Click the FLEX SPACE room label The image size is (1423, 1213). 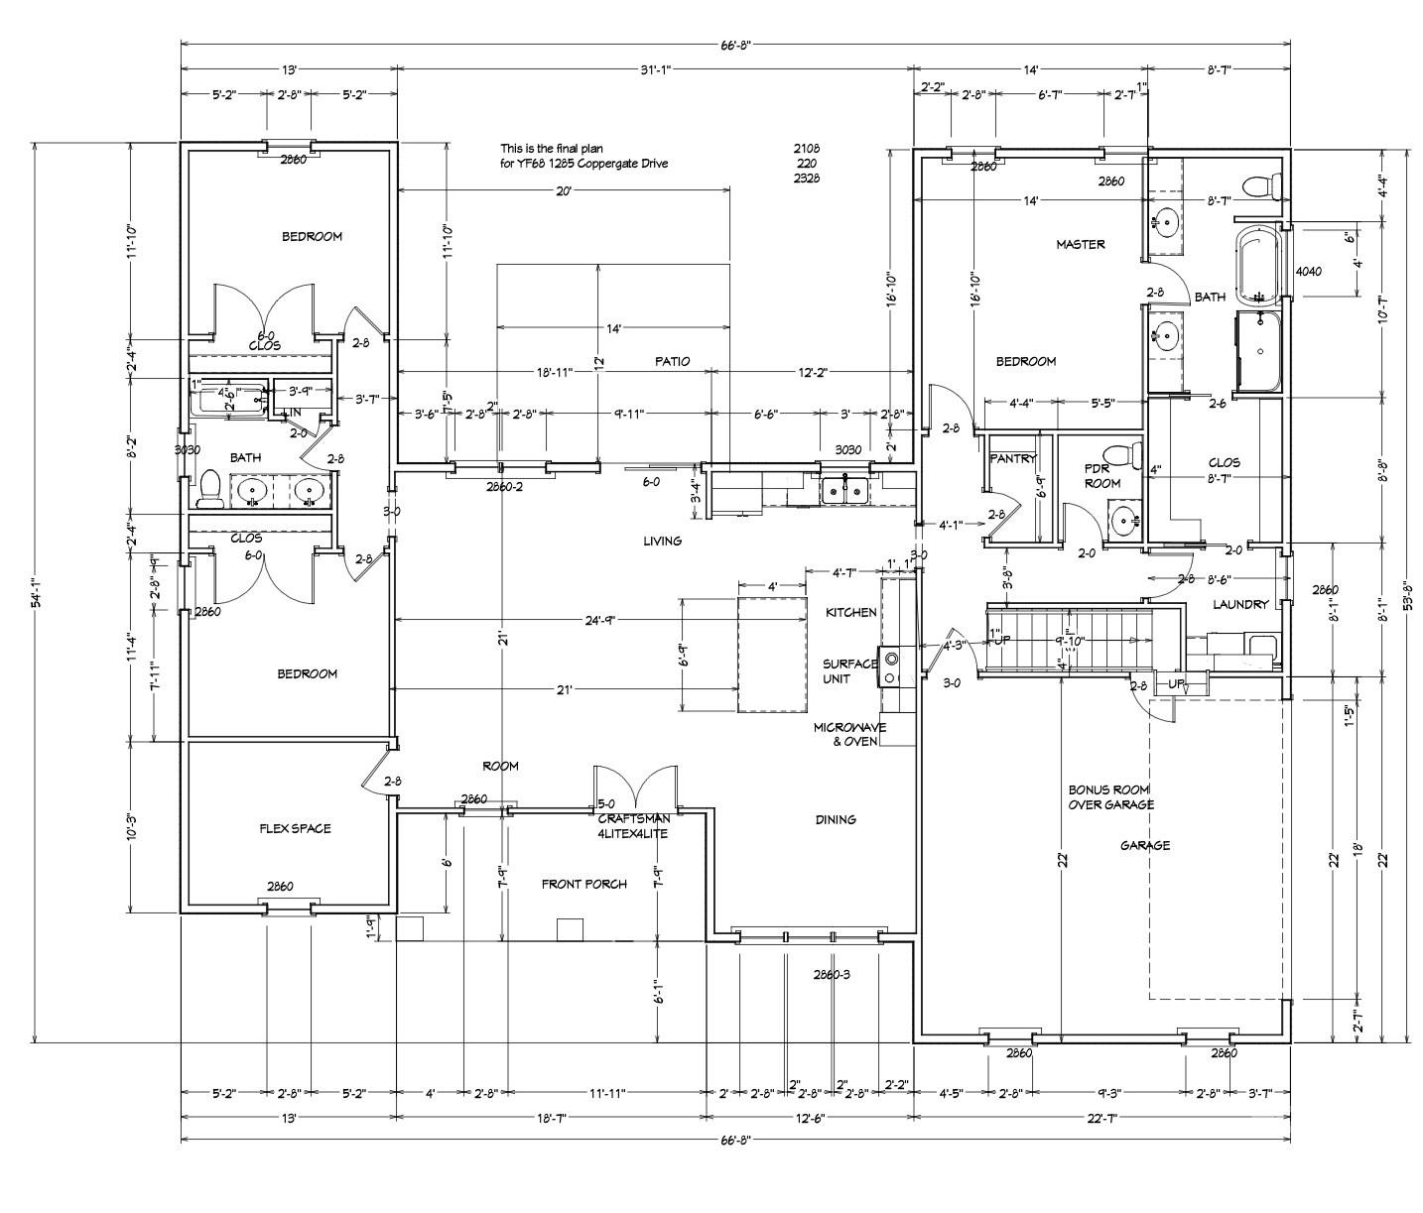point(295,828)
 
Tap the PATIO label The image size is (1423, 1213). point(672,362)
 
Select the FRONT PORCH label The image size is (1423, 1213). point(583,884)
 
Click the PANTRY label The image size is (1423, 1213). point(1012,459)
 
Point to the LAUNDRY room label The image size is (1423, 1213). point(1239,604)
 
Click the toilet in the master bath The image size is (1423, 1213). point(1262,185)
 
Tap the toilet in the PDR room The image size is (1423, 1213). point(1120,456)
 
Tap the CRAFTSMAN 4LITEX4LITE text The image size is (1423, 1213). point(633,827)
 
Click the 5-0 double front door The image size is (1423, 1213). point(635,788)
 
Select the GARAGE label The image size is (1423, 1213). point(1144,846)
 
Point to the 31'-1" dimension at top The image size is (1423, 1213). point(655,69)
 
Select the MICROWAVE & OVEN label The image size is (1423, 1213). point(849,734)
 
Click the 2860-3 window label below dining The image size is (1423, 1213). point(832,974)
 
